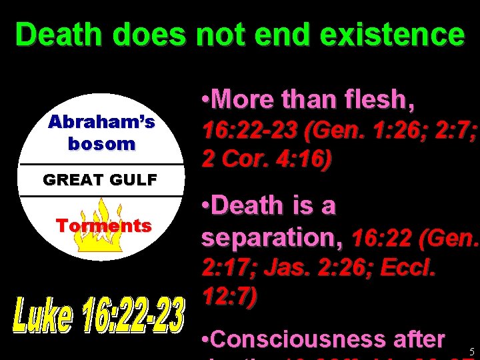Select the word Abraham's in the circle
(x=102, y=122)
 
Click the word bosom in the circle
(x=101, y=143)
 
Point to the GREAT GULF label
(x=100, y=179)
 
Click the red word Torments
(x=104, y=225)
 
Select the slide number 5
(x=472, y=351)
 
